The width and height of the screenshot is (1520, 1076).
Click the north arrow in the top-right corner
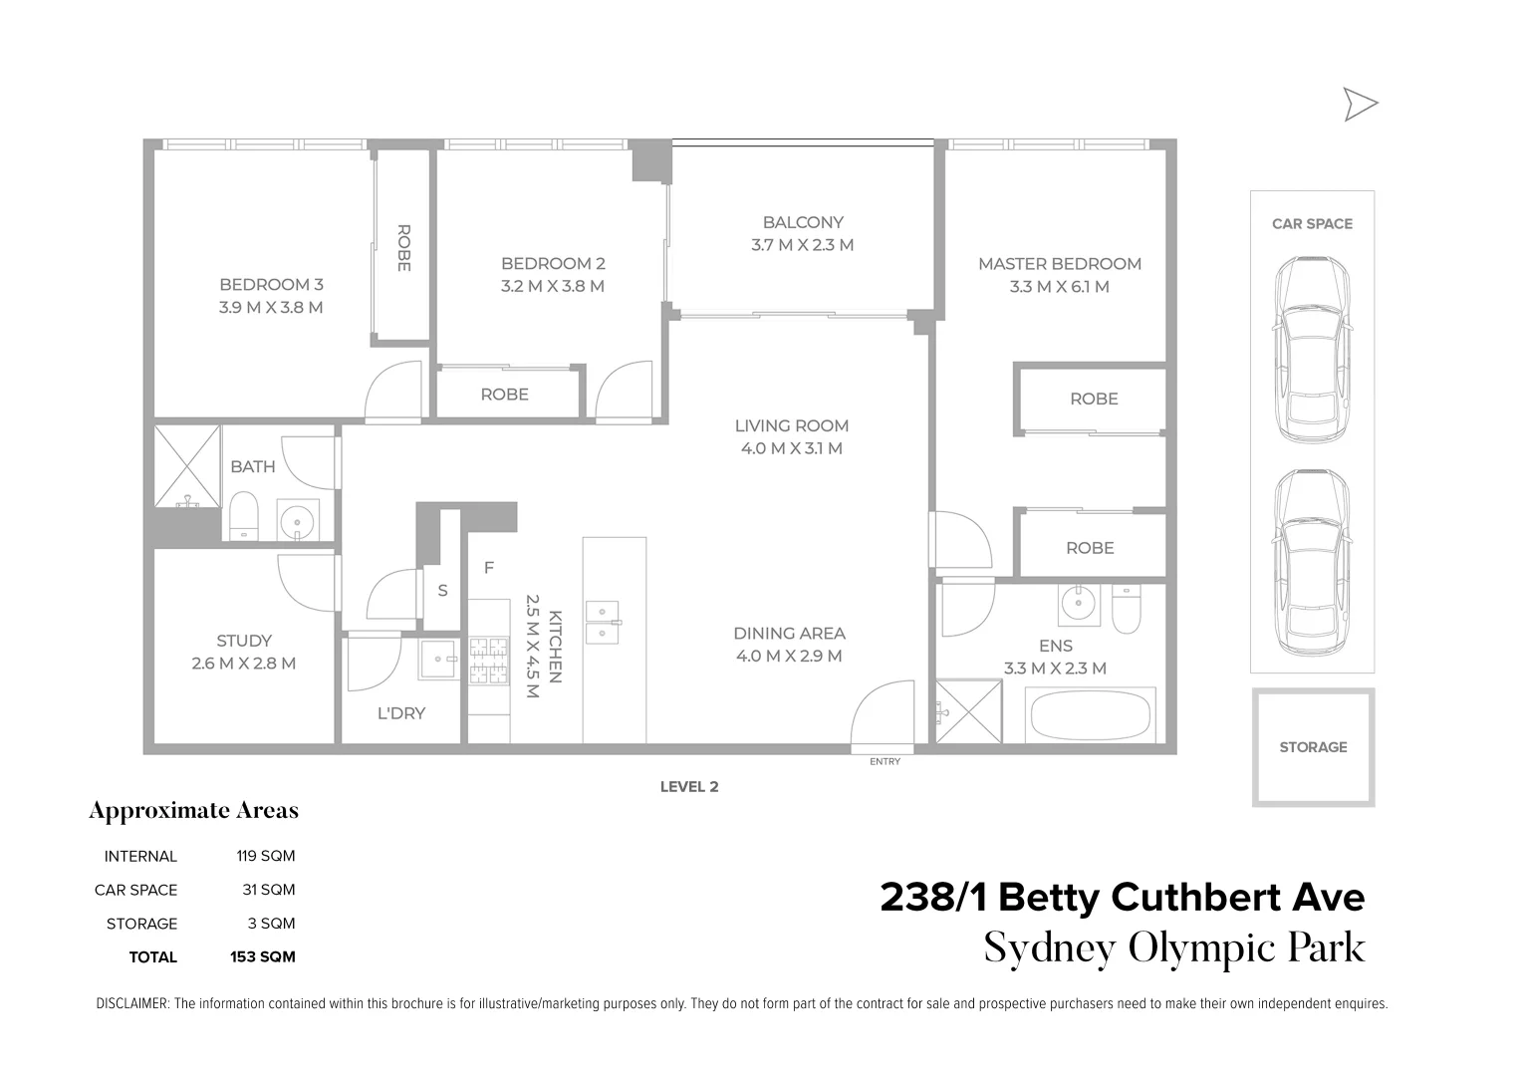(1360, 104)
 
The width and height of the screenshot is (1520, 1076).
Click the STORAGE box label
(1313, 747)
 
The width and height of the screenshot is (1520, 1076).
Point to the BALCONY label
(803, 222)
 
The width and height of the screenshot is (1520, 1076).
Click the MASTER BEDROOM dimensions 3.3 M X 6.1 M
(1059, 287)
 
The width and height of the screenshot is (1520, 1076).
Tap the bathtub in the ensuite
(1090, 714)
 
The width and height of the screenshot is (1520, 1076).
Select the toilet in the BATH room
(244, 517)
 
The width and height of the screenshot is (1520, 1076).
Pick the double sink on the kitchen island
(603, 622)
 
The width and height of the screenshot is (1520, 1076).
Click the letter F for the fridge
(489, 568)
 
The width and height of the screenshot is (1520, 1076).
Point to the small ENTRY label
(885, 762)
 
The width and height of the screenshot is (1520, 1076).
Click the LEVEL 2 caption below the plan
(689, 787)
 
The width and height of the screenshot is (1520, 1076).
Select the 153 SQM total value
(262, 957)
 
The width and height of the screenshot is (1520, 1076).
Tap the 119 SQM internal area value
(265, 856)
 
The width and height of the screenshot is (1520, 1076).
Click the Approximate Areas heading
(193, 811)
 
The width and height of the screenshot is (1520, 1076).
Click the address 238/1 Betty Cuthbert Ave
(1122, 898)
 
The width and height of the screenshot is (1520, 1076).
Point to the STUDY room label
(244, 641)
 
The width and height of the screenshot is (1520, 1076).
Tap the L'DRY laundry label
(401, 713)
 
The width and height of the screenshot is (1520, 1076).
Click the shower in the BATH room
(186, 465)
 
